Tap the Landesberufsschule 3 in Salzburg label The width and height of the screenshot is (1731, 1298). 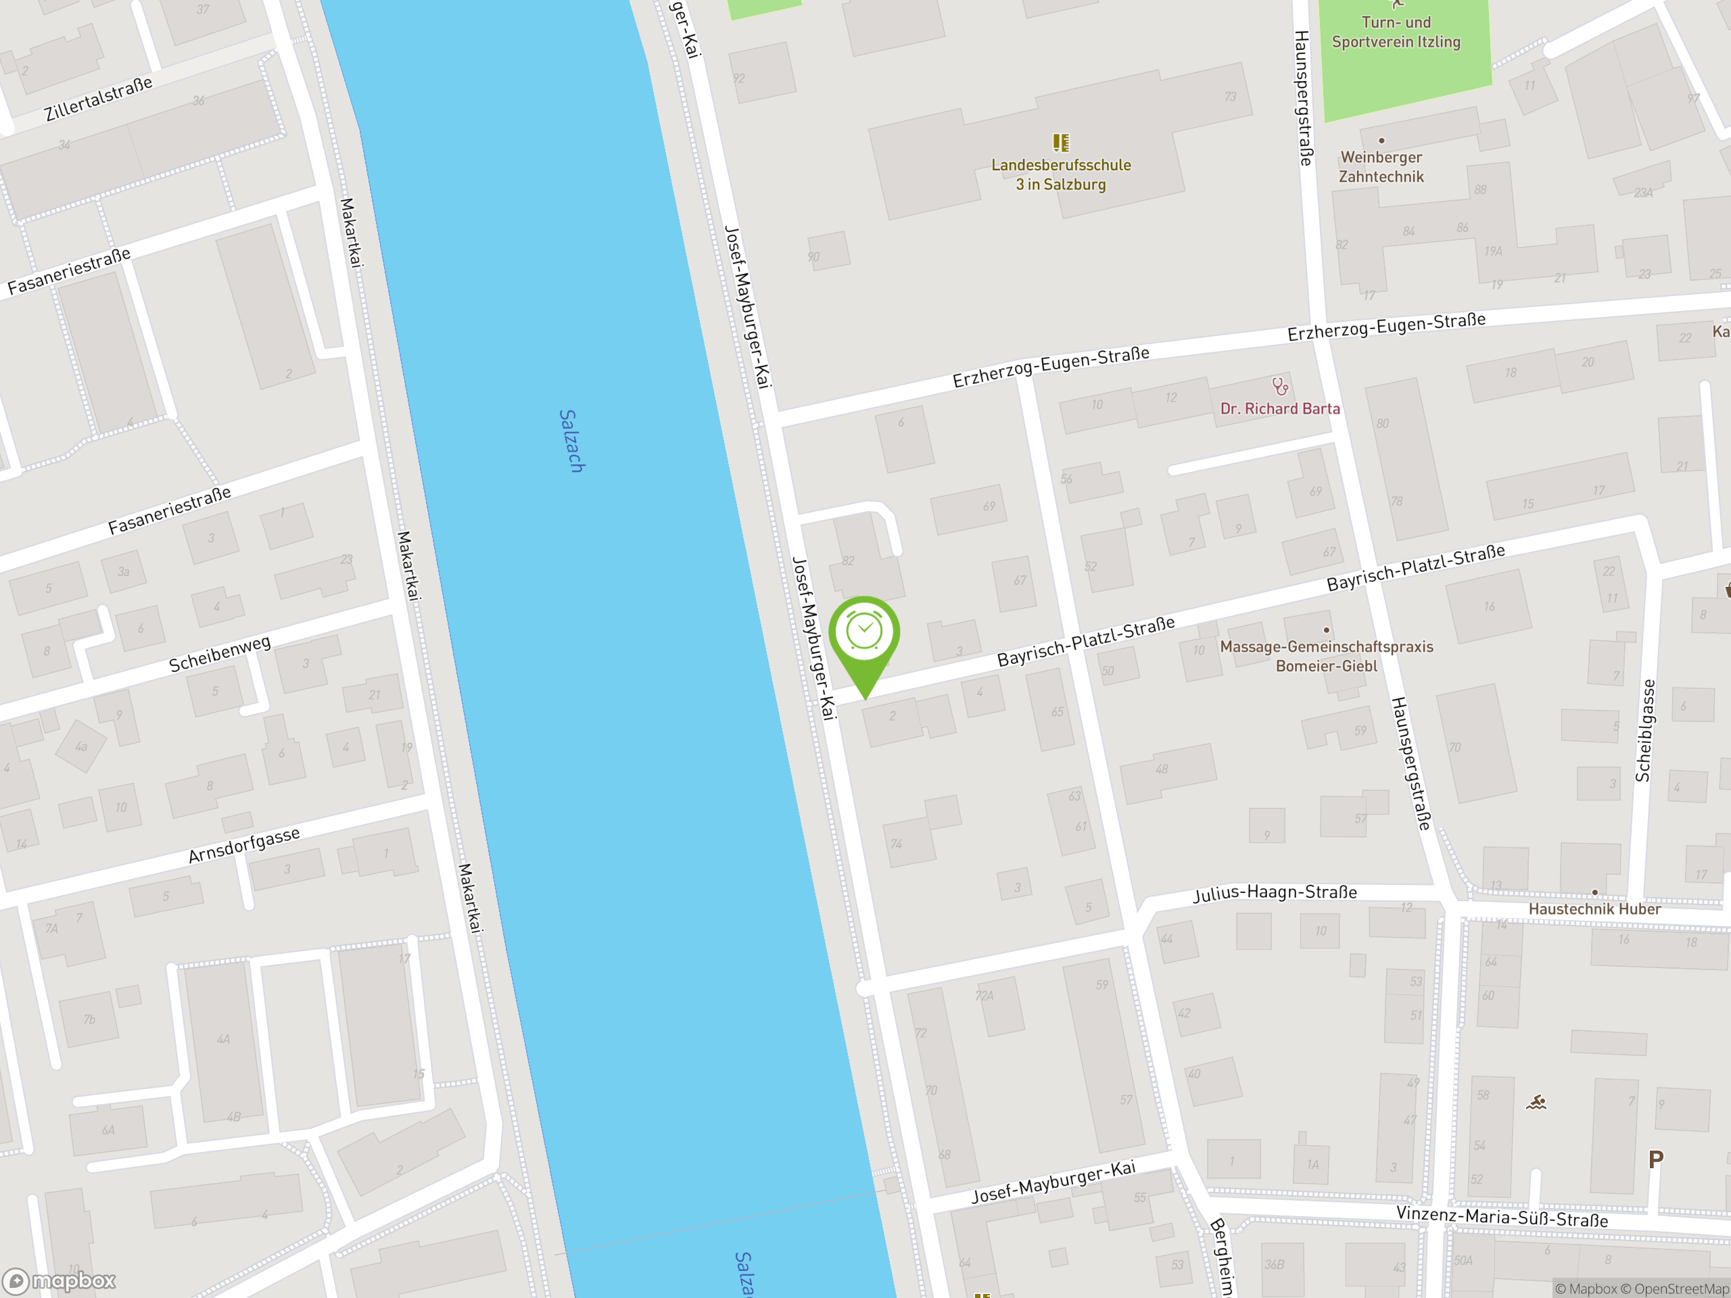1060,174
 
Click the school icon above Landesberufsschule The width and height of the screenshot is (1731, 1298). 1060,143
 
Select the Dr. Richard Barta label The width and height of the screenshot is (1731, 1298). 1279,409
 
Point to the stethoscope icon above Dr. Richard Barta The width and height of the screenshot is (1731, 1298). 1279,387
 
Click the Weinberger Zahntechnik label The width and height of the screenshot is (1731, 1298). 1381,167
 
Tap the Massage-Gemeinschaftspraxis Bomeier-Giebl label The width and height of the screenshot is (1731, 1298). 1327,656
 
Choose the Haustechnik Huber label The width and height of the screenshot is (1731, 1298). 1594,909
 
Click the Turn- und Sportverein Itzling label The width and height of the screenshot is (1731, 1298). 1396,32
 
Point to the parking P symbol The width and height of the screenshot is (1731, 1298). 1655,1159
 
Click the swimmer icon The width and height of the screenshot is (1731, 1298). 1536,1103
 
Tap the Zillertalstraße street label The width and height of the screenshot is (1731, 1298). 98,99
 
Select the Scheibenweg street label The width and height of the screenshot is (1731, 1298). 220,653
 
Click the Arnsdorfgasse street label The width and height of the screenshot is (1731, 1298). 244,845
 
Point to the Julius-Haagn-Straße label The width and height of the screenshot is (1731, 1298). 1275,893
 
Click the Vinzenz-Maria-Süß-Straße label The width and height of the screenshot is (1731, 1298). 1502,1218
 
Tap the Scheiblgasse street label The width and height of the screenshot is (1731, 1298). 1645,730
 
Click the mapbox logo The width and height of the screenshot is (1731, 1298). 60,1281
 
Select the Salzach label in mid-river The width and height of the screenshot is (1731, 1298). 572,441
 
